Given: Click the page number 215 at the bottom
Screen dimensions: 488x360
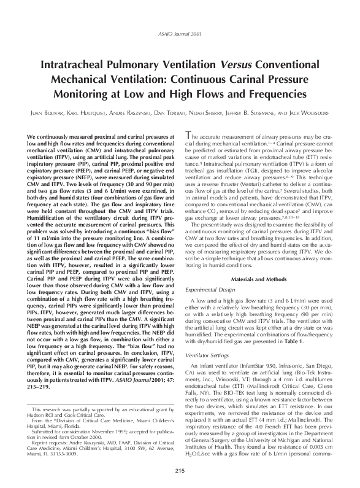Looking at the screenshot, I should [180, 470].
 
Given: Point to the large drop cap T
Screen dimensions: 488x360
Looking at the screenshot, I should [188, 136].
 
